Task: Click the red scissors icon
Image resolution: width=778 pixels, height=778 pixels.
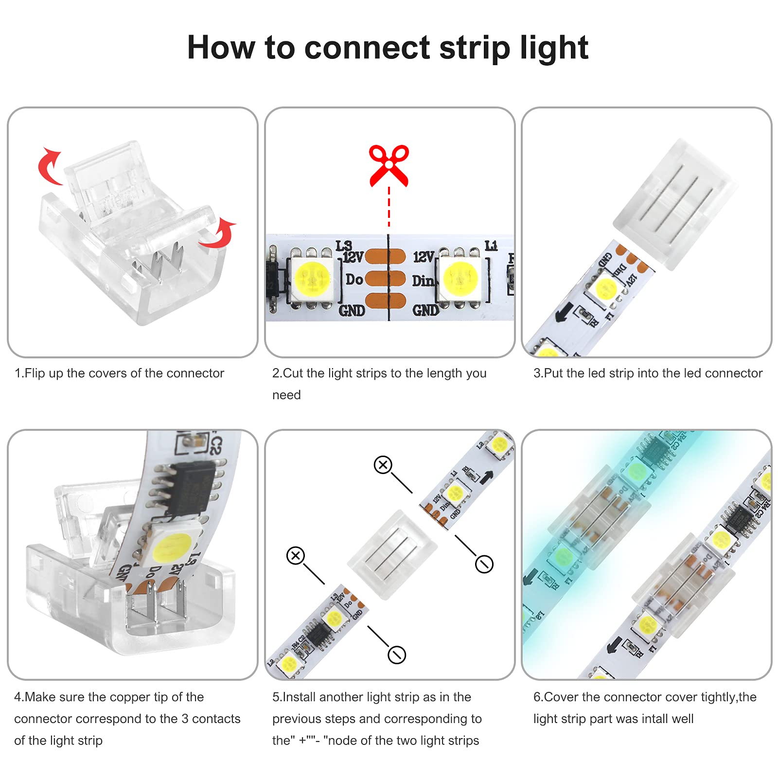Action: [389, 165]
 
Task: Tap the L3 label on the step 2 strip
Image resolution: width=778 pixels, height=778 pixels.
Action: [343, 245]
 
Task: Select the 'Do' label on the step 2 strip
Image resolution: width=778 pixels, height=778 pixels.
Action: [354, 280]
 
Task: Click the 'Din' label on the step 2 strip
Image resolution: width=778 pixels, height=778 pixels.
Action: [423, 281]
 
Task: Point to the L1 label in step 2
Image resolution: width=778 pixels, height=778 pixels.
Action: [491, 246]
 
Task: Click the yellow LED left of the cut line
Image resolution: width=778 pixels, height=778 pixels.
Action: [311, 278]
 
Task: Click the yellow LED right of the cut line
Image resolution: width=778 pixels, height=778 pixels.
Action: [460, 278]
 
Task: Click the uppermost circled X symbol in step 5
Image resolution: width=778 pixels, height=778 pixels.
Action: [383, 465]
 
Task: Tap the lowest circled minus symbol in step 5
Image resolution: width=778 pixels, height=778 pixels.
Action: [397, 654]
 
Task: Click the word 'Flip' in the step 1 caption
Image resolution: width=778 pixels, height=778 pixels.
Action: [35, 373]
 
